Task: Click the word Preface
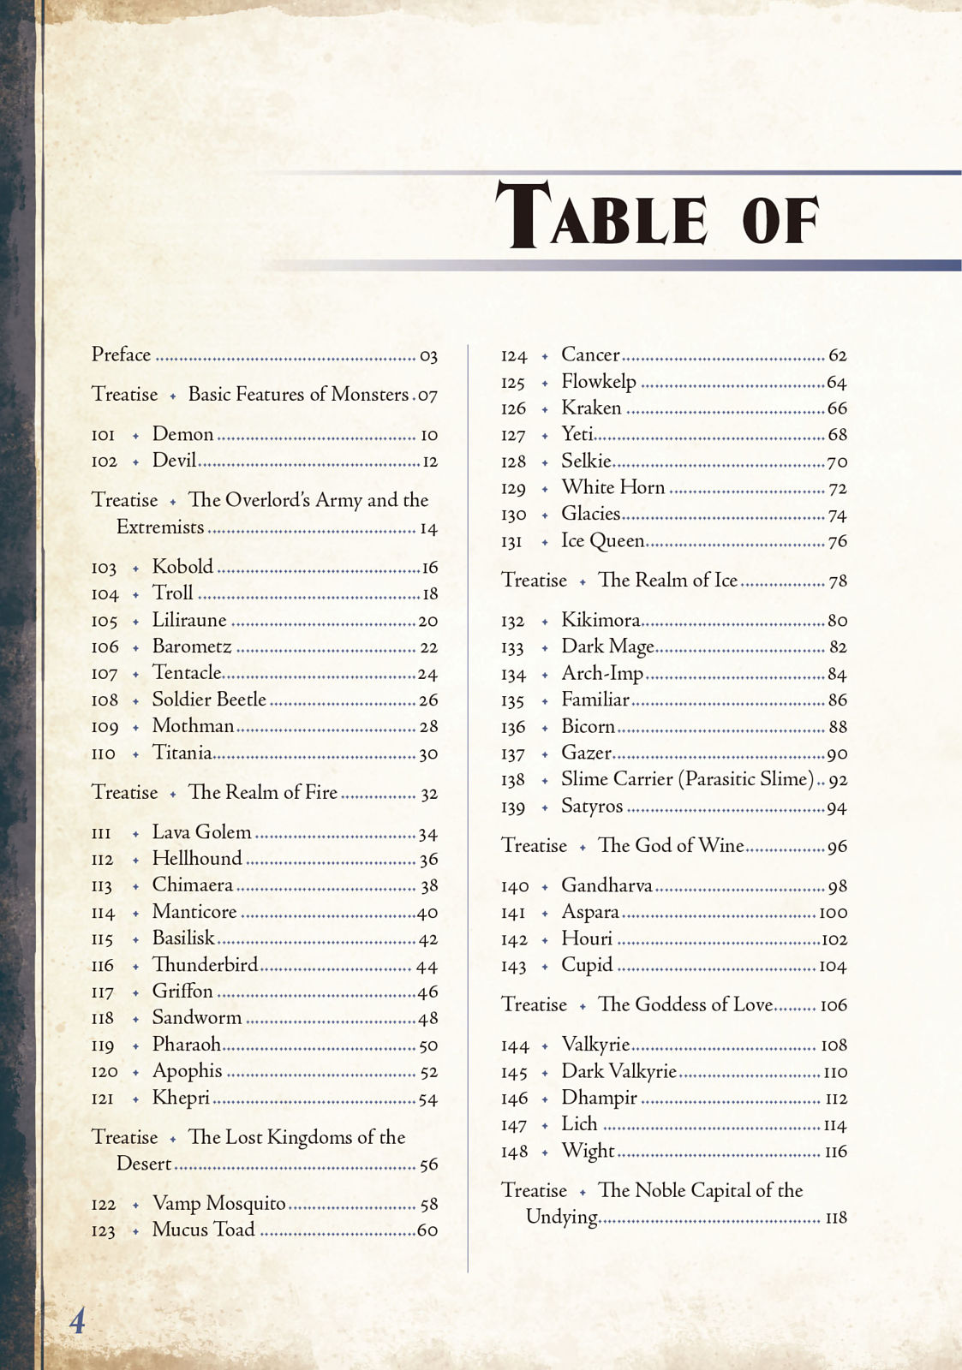click(121, 354)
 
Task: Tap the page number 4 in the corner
click(77, 1320)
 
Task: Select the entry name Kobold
click(182, 567)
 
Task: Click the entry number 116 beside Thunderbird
click(103, 966)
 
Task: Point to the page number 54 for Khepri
click(428, 1099)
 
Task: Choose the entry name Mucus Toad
click(203, 1230)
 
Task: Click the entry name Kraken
click(591, 408)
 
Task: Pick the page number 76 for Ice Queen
click(837, 541)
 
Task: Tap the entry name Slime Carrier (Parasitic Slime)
click(687, 779)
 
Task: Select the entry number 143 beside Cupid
click(513, 967)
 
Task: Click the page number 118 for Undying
click(835, 1218)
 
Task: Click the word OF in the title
click(780, 219)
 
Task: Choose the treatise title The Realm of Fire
click(262, 792)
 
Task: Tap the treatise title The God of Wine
click(671, 845)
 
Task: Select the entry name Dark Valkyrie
click(618, 1071)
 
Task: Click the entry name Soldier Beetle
click(209, 700)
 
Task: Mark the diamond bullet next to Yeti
click(545, 436)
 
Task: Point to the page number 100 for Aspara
click(833, 913)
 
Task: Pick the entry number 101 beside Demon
click(103, 435)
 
